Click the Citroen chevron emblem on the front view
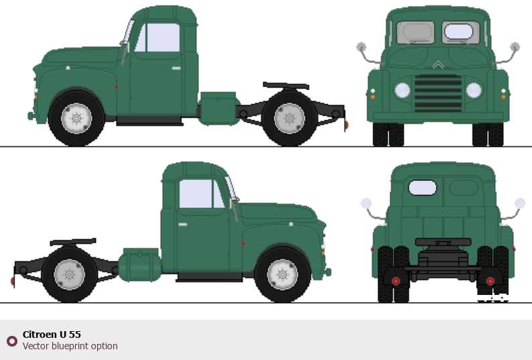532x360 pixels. point(438,65)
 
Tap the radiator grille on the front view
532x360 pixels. point(438,93)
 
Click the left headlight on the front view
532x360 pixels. point(403,90)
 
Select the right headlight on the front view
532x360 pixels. point(474,90)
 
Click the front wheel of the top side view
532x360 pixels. point(76,119)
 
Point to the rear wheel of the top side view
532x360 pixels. point(289,119)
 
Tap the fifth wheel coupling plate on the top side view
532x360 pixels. point(286,86)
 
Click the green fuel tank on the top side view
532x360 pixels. point(219,109)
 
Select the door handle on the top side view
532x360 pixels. point(176,68)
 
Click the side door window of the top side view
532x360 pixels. point(157,38)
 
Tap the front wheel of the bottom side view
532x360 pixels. point(282,274)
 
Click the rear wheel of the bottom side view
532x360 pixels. point(69,274)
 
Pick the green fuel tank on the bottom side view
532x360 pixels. point(140,265)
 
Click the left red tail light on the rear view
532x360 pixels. point(395,281)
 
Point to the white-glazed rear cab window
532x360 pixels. point(422,188)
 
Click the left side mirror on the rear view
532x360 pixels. point(366,203)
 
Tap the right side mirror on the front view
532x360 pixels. point(515,47)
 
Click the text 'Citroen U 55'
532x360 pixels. point(52,335)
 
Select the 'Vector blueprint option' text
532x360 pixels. point(70,346)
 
